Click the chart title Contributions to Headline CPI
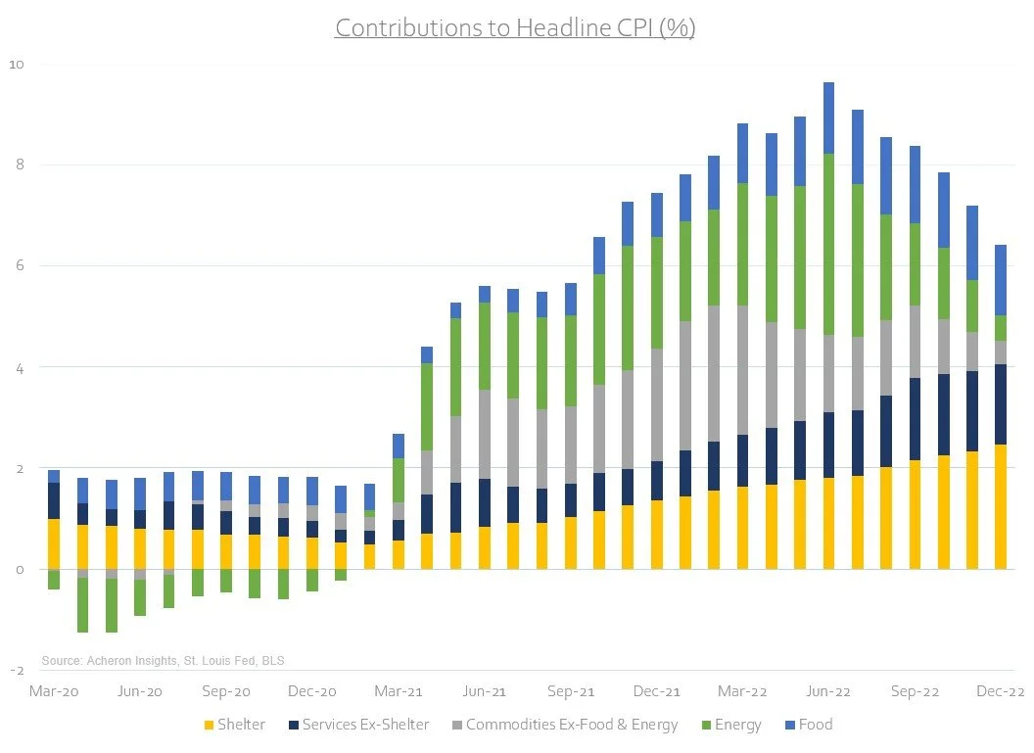(x=515, y=27)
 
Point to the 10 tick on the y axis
(x=17, y=64)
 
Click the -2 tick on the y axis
(x=17, y=671)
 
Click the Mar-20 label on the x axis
(x=54, y=691)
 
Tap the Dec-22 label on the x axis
(x=1001, y=691)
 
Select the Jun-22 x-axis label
(x=828, y=691)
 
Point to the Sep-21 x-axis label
(x=570, y=691)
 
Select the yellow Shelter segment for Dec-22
(x=1001, y=507)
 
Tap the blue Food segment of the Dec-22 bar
(x=1001, y=279)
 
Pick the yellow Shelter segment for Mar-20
(x=54, y=543)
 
